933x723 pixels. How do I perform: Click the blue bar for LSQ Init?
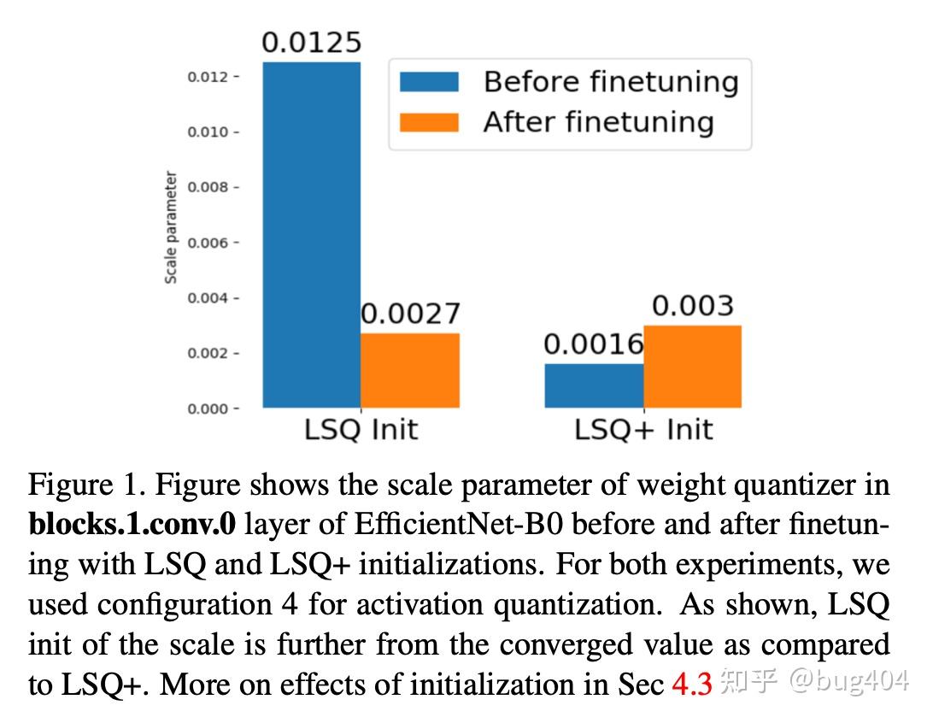311,235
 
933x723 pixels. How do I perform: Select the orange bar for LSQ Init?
410,370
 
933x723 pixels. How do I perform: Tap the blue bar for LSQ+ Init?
594,385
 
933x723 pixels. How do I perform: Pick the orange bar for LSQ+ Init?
692,367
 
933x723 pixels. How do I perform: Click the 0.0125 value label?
311,43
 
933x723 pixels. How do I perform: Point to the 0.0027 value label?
410,314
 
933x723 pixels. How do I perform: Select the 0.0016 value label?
594,344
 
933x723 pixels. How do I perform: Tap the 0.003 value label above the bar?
692,306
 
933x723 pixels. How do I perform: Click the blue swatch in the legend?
429,82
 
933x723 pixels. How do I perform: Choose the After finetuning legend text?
598,122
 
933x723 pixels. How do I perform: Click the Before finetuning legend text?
610,82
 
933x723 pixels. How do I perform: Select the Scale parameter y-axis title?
171,227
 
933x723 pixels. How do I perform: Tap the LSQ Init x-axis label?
361,429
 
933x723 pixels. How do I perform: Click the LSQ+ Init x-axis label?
643,429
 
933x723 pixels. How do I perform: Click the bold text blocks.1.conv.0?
132,525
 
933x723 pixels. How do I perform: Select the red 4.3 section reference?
692,685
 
